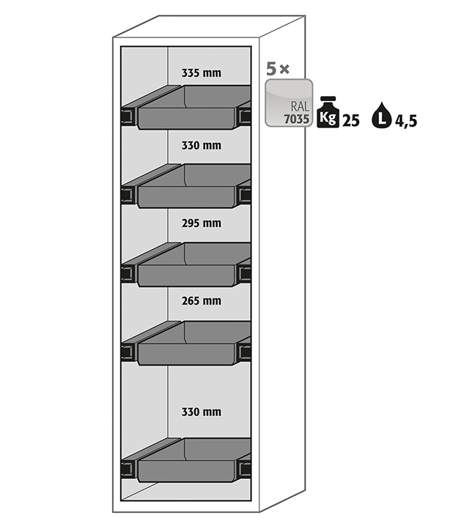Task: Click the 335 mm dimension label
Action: [x=201, y=73]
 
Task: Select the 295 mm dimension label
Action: [x=201, y=223]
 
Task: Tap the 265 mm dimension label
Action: [x=201, y=300]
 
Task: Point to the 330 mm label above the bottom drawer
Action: [x=201, y=412]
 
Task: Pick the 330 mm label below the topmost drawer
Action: [x=201, y=145]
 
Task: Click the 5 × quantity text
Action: [x=278, y=70]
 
